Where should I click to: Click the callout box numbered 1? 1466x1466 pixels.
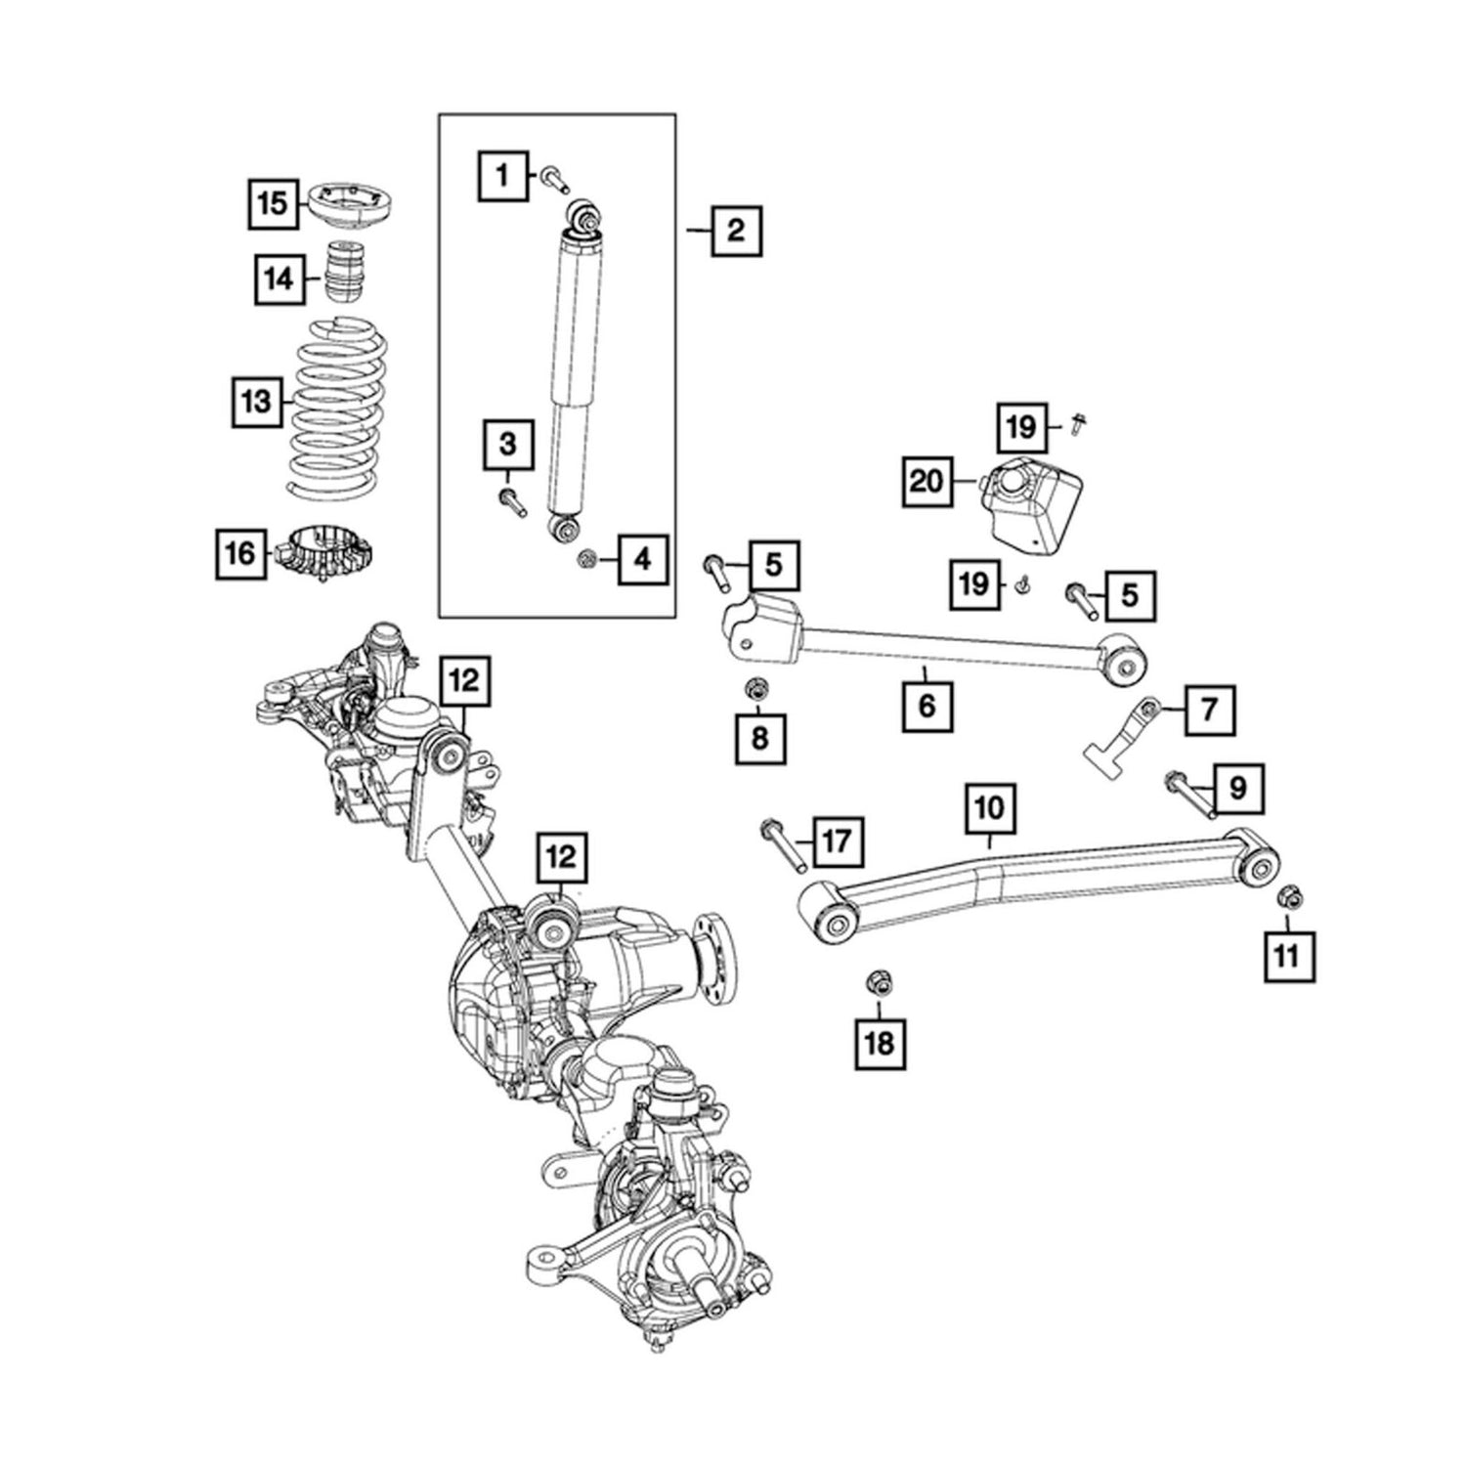click(x=502, y=176)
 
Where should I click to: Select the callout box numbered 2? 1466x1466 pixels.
click(x=735, y=231)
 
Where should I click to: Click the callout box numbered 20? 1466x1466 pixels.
click(x=927, y=481)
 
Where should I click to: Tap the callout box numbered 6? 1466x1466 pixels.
click(x=927, y=704)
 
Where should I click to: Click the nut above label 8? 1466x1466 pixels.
click(x=755, y=689)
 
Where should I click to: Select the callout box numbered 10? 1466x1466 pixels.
click(x=988, y=807)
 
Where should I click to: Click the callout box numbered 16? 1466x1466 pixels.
click(x=240, y=554)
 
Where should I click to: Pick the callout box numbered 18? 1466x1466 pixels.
click(x=880, y=1043)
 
